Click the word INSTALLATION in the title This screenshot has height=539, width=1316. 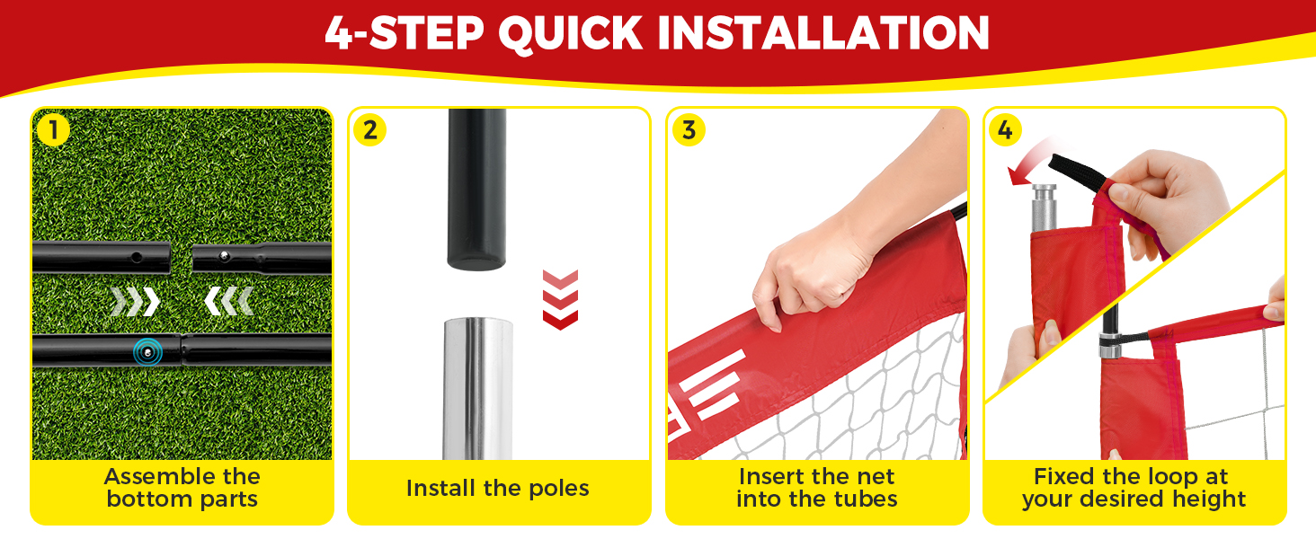point(823,33)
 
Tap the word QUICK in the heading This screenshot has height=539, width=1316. point(570,33)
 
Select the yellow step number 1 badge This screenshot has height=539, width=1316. point(53,130)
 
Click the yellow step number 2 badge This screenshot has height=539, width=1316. point(369,130)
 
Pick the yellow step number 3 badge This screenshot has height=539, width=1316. point(689,130)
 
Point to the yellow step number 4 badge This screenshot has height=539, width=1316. point(1004,130)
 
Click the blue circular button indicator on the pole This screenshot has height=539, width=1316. point(147,351)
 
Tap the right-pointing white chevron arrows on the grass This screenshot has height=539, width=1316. point(135,302)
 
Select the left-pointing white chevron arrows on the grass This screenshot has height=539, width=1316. point(228,302)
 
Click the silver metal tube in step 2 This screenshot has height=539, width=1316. point(476,386)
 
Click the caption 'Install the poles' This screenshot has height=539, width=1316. point(497,489)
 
